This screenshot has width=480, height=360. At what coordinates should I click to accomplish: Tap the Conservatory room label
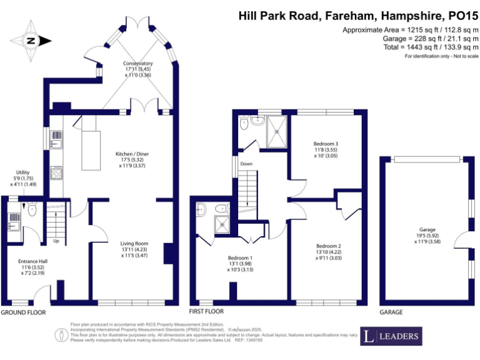[137, 68]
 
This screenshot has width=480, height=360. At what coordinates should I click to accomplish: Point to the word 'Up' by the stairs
[56, 241]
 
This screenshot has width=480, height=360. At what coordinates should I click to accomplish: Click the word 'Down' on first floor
[247, 164]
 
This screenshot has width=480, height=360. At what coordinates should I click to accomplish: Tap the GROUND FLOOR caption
[23, 311]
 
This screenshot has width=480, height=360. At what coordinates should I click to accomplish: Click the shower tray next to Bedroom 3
[277, 132]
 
